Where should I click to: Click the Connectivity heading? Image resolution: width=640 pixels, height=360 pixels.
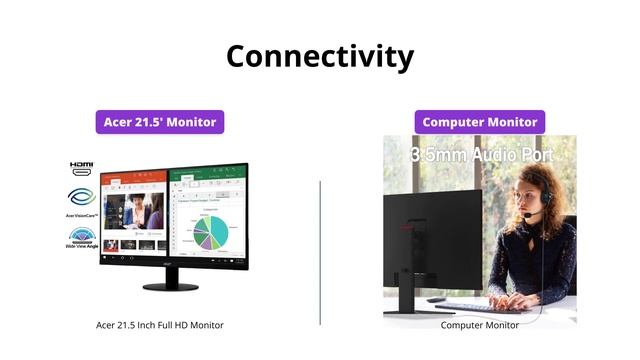(x=319, y=56)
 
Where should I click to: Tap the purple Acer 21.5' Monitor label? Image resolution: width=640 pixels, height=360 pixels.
(x=160, y=122)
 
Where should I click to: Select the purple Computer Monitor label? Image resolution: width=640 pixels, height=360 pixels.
(x=480, y=122)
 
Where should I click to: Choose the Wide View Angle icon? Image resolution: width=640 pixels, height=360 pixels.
(x=81, y=238)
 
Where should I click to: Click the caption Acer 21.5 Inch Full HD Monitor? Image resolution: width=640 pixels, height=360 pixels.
(x=160, y=325)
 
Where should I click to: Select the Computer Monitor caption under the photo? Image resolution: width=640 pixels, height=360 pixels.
(x=480, y=325)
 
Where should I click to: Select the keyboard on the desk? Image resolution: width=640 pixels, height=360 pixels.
(x=470, y=306)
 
